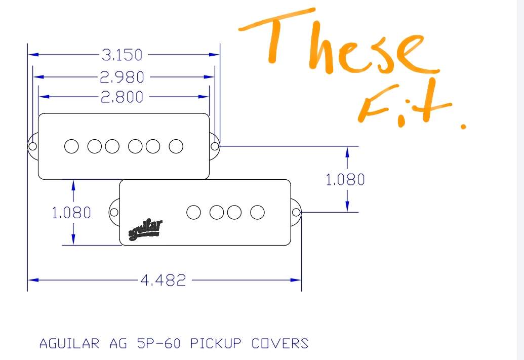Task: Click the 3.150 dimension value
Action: coord(122,55)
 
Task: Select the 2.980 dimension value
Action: coord(122,77)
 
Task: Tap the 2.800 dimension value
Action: coord(122,97)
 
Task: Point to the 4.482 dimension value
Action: coord(163,280)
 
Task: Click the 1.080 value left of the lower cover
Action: coord(71,213)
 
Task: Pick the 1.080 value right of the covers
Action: coord(345,180)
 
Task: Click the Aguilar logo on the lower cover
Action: coord(145,230)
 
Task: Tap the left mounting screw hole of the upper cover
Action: coord(32,146)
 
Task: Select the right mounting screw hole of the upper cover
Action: coord(215,146)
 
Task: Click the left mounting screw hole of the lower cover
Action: coord(114,212)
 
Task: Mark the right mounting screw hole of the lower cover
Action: coord(296,212)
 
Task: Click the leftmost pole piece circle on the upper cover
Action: coord(71,146)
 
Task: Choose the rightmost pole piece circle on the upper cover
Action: coord(176,146)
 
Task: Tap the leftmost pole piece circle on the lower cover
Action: coord(193,212)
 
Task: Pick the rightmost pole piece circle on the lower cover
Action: coord(257,212)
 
